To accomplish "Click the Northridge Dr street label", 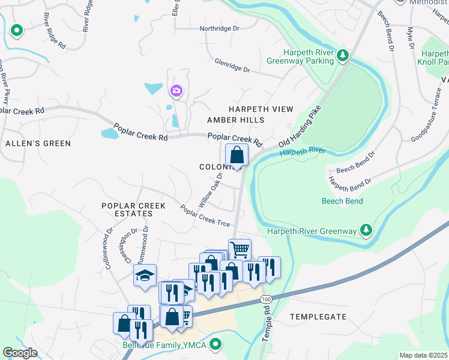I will (x=219, y=28).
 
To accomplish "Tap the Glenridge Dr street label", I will (x=232, y=65).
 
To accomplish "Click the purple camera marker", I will (x=176, y=91).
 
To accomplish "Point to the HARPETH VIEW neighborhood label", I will (x=261, y=109).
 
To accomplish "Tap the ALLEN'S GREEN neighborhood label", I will (x=38, y=143).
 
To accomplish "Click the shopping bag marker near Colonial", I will (x=237, y=155).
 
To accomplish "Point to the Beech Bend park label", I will (x=342, y=201).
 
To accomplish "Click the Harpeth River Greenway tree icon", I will (x=364, y=230).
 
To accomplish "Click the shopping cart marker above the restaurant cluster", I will (x=240, y=249).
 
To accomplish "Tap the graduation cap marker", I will (x=144, y=275).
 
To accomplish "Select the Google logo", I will (x=20, y=353).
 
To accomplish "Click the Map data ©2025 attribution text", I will (x=423, y=355).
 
